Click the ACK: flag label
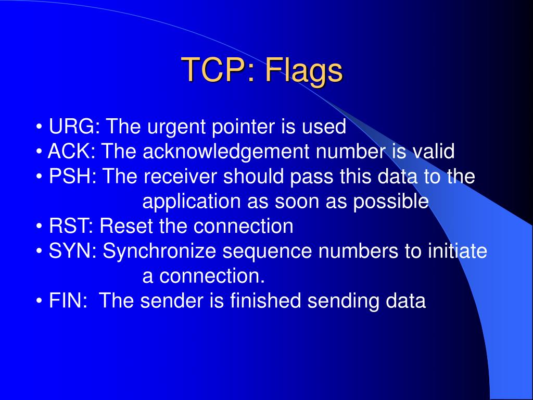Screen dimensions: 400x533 72,152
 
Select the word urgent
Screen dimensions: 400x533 172,127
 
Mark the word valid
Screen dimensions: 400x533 433,152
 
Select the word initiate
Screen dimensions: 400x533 457,252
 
